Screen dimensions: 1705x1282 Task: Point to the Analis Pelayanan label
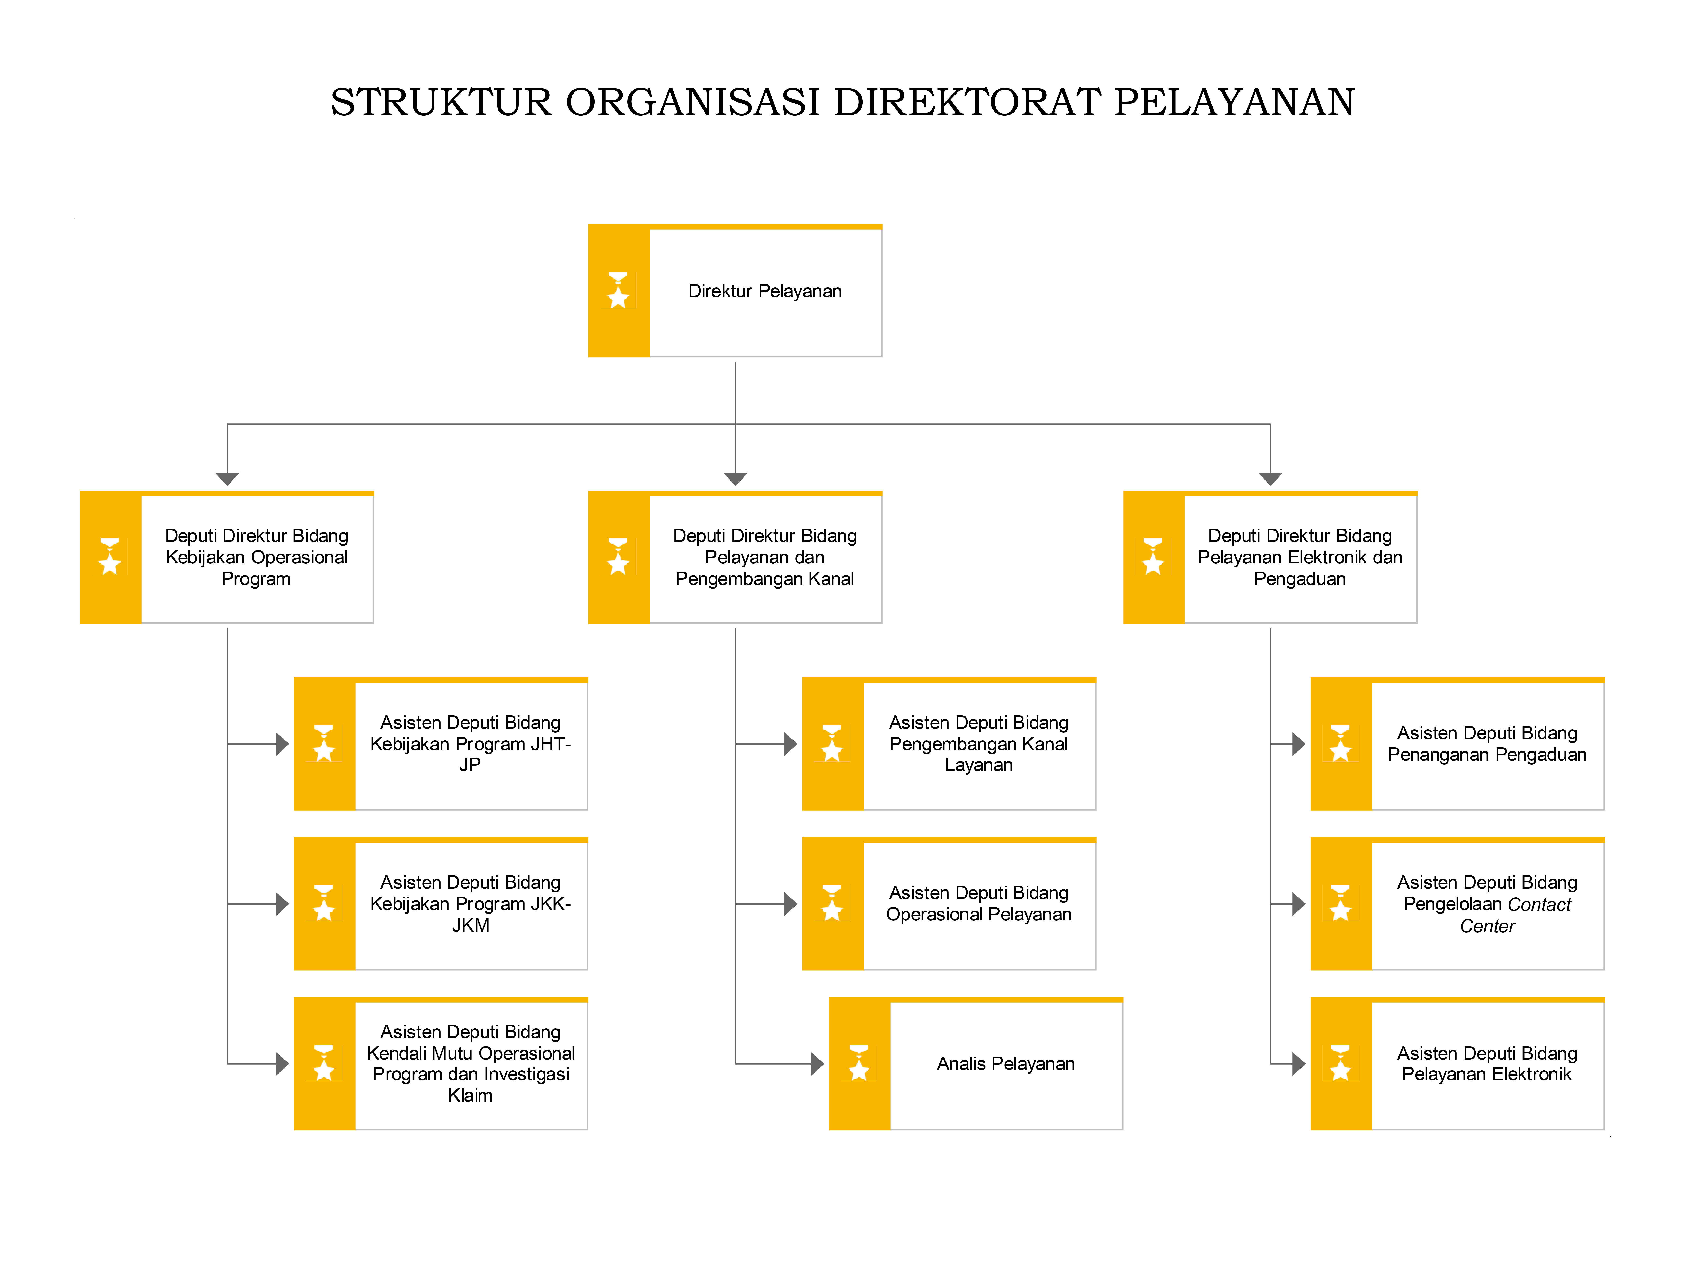(1006, 1064)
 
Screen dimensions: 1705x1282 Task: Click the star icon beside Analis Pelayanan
(859, 1064)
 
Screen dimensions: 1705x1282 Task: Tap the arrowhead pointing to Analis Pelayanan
(818, 1064)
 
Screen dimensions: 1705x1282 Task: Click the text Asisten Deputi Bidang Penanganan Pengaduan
(1488, 744)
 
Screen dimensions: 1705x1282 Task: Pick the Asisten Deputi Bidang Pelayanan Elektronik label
(1488, 1064)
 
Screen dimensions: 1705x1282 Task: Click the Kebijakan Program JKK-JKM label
(470, 914)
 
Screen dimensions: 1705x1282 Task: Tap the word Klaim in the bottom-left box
(470, 1095)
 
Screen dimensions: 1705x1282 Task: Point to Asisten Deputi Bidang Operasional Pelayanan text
(979, 903)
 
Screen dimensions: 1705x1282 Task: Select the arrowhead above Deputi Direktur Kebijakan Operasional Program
(227, 479)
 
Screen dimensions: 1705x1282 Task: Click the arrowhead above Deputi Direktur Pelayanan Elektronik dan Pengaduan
(1270, 479)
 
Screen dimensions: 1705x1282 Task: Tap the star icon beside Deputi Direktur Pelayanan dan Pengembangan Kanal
(618, 557)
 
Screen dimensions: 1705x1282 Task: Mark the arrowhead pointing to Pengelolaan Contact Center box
(1299, 903)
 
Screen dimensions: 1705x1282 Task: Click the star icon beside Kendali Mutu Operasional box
(324, 1064)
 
